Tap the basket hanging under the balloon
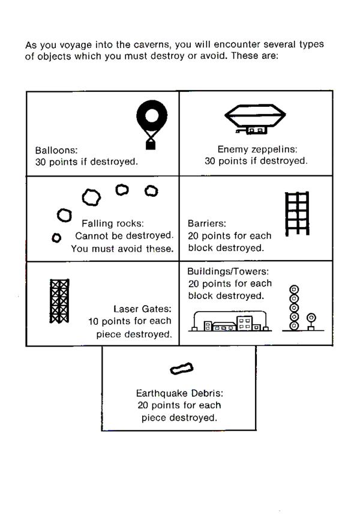pyautogui.click(x=151, y=145)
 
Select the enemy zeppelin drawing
pyautogui.click(x=255, y=119)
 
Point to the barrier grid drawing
pyautogui.click(x=297, y=214)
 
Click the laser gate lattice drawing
pyautogui.click(x=59, y=301)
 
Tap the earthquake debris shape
pyautogui.click(x=182, y=369)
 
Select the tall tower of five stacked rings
pyautogui.click(x=294, y=307)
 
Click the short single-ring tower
pyautogui.click(x=311, y=322)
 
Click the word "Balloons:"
pyautogui.click(x=56, y=150)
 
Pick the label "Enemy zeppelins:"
pyautogui.click(x=257, y=149)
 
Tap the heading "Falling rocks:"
pyautogui.click(x=113, y=223)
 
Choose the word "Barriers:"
pyautogui.click(x=207, y=223)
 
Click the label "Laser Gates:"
pyautogui.click(x=142, y=309)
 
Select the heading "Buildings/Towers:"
pyautogui.click(x=228, y=271)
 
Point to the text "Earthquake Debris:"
pyautogui.click(x=179, y=393)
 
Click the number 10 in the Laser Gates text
pyautogui.click(x=93, y=321)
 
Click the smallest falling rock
pyautogui.click(x=56, y=238)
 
